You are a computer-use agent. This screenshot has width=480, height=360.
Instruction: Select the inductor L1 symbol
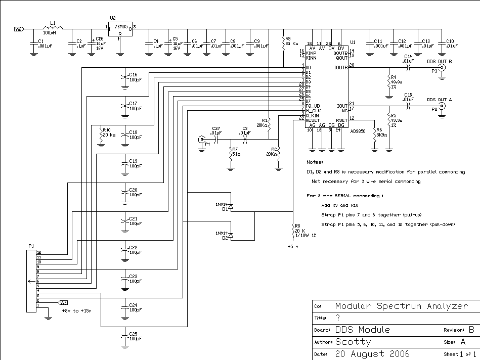coord(52,29)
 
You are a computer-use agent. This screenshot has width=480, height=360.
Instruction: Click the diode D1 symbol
coord(231,207)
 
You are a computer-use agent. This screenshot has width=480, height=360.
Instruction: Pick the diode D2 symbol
coord(231,235)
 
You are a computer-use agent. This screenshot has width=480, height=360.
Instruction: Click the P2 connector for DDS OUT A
coord(442,106)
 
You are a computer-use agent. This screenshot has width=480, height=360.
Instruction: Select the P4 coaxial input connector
coord(202,139)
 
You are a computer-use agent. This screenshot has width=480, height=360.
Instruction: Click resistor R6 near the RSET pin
coord(374,134)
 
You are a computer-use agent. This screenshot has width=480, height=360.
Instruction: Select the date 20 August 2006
coord(372,353)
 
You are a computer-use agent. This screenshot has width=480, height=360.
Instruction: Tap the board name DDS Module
coord(363,330)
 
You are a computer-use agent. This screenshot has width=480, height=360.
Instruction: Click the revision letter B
coord(471,330)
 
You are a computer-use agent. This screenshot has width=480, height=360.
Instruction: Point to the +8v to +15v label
coord(76,310)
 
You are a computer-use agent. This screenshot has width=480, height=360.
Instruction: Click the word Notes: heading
coord(315,162)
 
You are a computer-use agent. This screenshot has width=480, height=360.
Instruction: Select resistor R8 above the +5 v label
coord(293,231)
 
